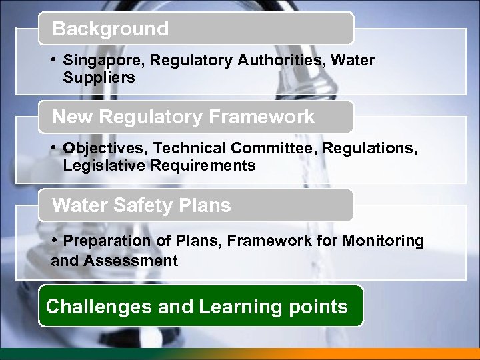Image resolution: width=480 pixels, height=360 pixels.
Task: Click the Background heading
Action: pos(111,29)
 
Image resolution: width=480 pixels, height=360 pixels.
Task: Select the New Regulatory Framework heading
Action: pos(183,117)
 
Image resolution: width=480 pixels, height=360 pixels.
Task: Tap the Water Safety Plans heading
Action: pos(141,205)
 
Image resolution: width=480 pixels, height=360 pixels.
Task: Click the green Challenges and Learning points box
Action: pos(200,307)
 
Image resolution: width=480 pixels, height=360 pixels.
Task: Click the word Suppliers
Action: pos(99,77)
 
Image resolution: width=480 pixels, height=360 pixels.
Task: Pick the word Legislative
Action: pos(99,165)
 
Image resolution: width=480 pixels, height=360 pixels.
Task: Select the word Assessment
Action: pos(131,261)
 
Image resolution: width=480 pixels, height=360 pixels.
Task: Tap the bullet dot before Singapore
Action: pos(53,60)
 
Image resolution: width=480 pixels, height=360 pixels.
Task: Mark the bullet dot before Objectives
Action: pos(53,148)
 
